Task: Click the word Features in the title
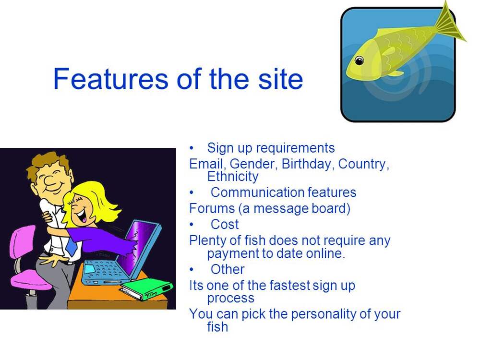pos(110,79)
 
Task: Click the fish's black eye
pos(359,60)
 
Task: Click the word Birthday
pos(306,164)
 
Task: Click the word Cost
pos(224,224)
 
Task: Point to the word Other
pos(228,270)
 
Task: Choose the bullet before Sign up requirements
pos(192,148)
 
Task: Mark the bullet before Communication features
pos(192,193)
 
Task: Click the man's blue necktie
pos(71,245)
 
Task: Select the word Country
pos(364,164)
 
